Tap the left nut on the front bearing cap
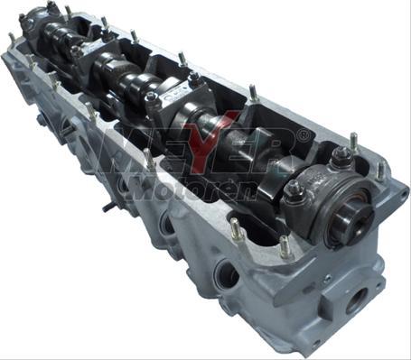coord(294,190)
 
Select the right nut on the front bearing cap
coord(340,159)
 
